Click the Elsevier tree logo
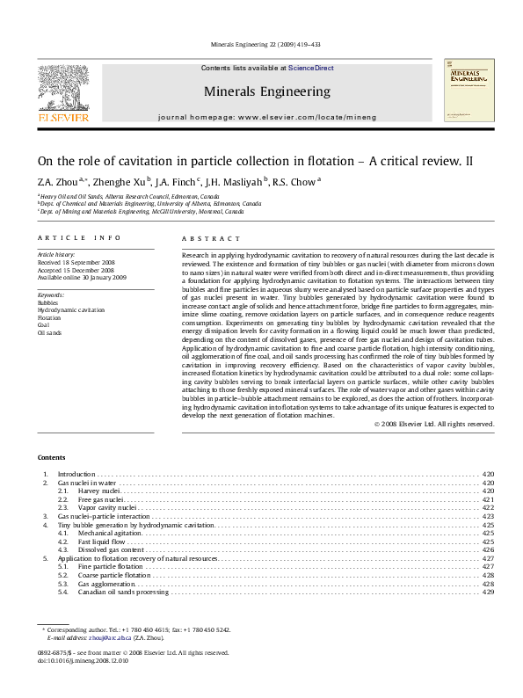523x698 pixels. tap(62, 88)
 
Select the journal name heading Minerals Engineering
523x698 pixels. tap(267, 91)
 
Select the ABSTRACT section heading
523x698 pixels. tap(211, 238)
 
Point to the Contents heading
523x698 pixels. tap(51, 458)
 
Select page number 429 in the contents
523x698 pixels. tap(489, 592)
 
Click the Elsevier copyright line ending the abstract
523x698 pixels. tap(433, 424)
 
